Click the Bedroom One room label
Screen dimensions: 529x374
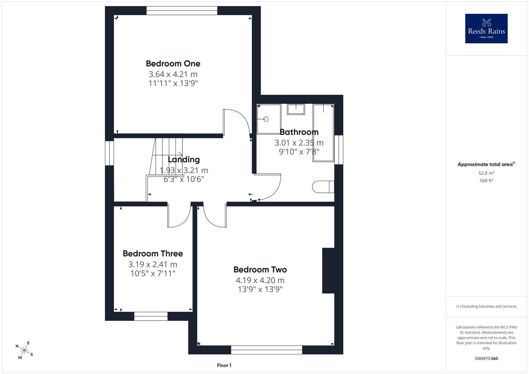coord(173,63)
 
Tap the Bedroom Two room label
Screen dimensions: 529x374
coord(260,270)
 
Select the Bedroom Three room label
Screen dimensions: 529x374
coord(153,254)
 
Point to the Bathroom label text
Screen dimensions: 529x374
coord(299,132)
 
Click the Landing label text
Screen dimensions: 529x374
coord(184,159)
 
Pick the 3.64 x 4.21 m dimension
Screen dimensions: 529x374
coord(173,74)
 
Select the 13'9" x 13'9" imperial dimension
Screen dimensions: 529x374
coord(260,289)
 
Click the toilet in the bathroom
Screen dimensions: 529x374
coord(323,187)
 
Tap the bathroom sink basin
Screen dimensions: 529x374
coord(296,109)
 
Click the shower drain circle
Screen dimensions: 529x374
coord(266,119)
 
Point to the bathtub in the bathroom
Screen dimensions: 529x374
coord(323,133)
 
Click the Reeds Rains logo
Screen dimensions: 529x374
coord(486,29)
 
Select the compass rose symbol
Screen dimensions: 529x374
coord(24,351)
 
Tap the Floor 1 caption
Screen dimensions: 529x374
coord(224,365)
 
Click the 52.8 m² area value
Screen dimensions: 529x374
coord(486,173)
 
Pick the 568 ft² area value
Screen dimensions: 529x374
coord(486,181)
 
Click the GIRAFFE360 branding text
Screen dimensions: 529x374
coord(486,359)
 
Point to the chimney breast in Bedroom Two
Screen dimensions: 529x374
coord(328,271)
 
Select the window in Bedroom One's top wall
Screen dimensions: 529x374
coord(182,11)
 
